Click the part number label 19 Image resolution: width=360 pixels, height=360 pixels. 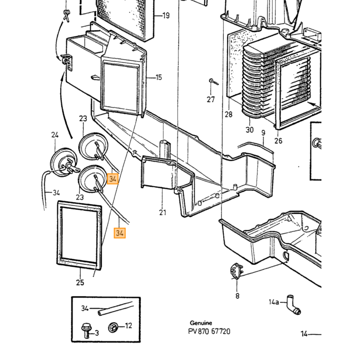(x=166, y=15)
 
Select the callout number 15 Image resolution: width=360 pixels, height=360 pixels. (x=158, y=77)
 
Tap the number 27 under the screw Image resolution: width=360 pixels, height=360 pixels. (x=210, y=99)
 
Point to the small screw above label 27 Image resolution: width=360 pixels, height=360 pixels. (x=213, y=82)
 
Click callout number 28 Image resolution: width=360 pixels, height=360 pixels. (x=228, y=114)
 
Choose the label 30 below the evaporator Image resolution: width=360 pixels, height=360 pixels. (x=249, y=130)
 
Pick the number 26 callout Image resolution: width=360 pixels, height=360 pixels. (x=278, y=140)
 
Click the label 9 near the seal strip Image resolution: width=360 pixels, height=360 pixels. (x=263, y=133)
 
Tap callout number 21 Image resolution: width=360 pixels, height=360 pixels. (x=163, y=212)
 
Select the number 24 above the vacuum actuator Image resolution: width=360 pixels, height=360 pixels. (x=55, y=135)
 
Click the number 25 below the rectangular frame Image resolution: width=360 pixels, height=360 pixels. (x=80, y=282)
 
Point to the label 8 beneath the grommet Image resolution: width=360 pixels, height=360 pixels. (x=238, y=296)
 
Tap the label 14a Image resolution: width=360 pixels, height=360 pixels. (x=274, y=302)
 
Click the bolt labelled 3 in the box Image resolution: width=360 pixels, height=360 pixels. (x=86, y=331)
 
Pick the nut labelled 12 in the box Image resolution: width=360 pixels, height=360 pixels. (x=113, y=327)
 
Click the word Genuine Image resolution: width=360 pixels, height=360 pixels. (x=201, y=323)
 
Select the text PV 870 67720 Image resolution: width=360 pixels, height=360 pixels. (x=209, y=331)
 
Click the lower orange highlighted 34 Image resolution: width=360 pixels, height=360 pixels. (x=120, y=233)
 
